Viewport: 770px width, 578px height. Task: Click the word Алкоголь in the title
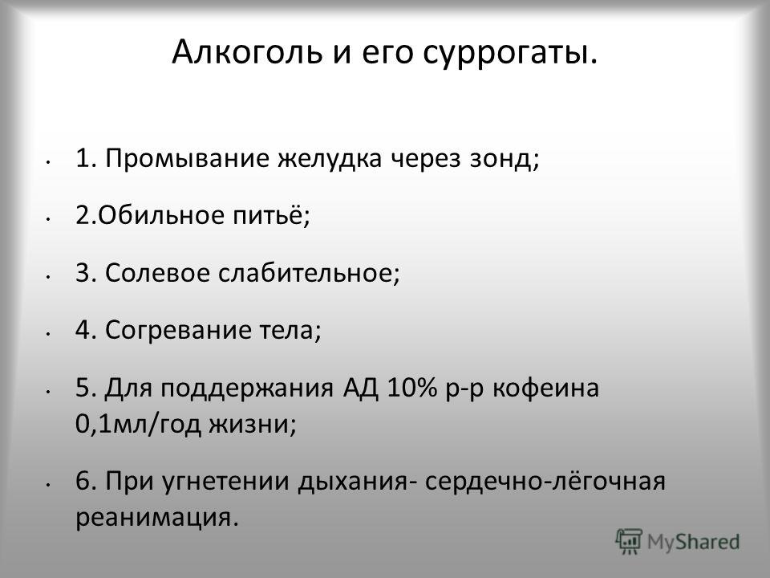coord(247,51)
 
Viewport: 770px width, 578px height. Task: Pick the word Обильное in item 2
coord(161,215)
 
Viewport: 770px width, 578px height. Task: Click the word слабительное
coord(306,272)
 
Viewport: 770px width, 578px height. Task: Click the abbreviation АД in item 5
coord(361,389)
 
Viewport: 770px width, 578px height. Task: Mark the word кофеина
coord(545,387)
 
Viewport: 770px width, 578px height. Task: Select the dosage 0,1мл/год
coord(138,424)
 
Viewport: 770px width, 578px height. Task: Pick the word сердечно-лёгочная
coord(545,481)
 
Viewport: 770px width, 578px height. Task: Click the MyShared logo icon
coord(629,542)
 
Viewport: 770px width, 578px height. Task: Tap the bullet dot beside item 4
coord(47,334)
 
